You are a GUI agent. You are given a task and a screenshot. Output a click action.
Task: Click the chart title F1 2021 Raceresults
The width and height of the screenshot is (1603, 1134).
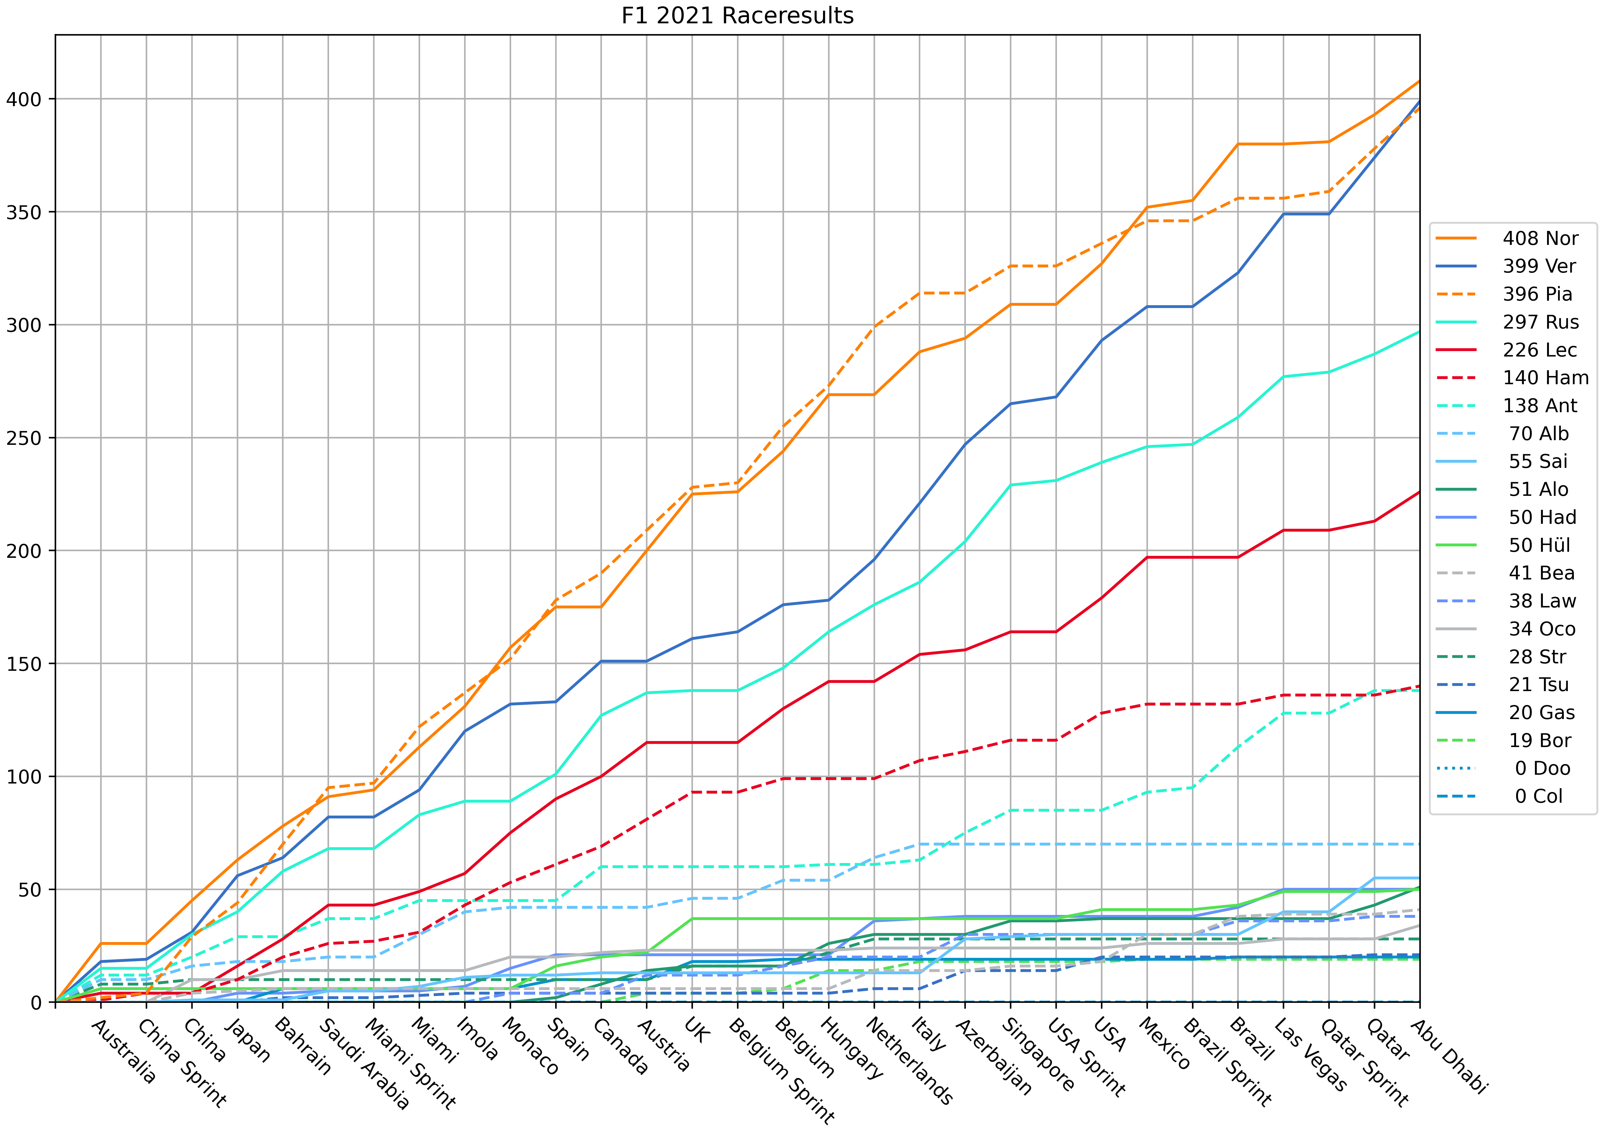737,15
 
